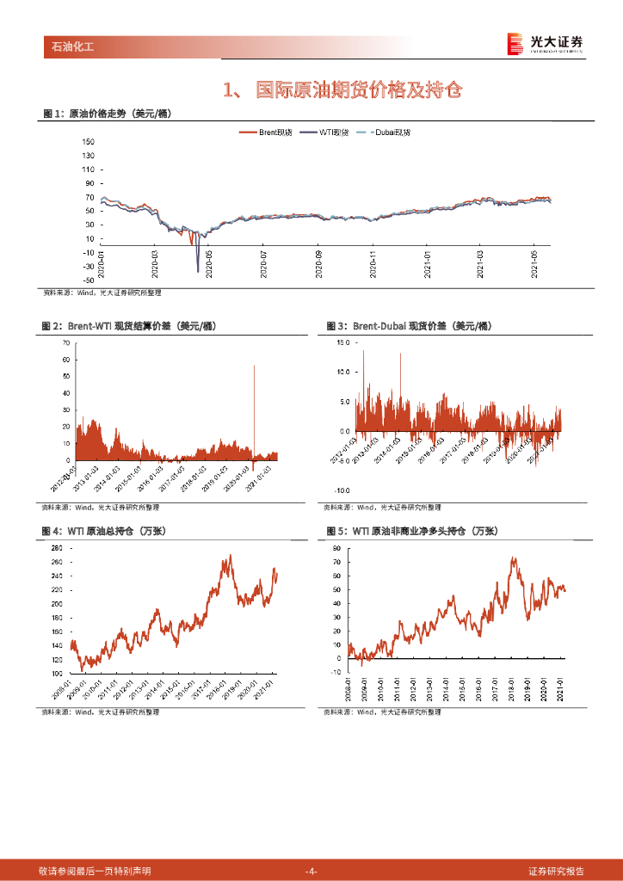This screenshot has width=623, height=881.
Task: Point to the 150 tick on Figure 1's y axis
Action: (x=88, y=155)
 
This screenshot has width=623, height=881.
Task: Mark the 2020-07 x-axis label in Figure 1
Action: (x=264, y=264)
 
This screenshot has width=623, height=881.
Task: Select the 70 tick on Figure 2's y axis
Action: (x=65, y=342)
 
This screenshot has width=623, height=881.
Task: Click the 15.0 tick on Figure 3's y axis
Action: (x=343, y=342)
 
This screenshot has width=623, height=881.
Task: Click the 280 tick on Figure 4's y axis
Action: (x=57, y=548)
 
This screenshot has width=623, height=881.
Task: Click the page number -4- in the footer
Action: (x=311, y=871)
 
